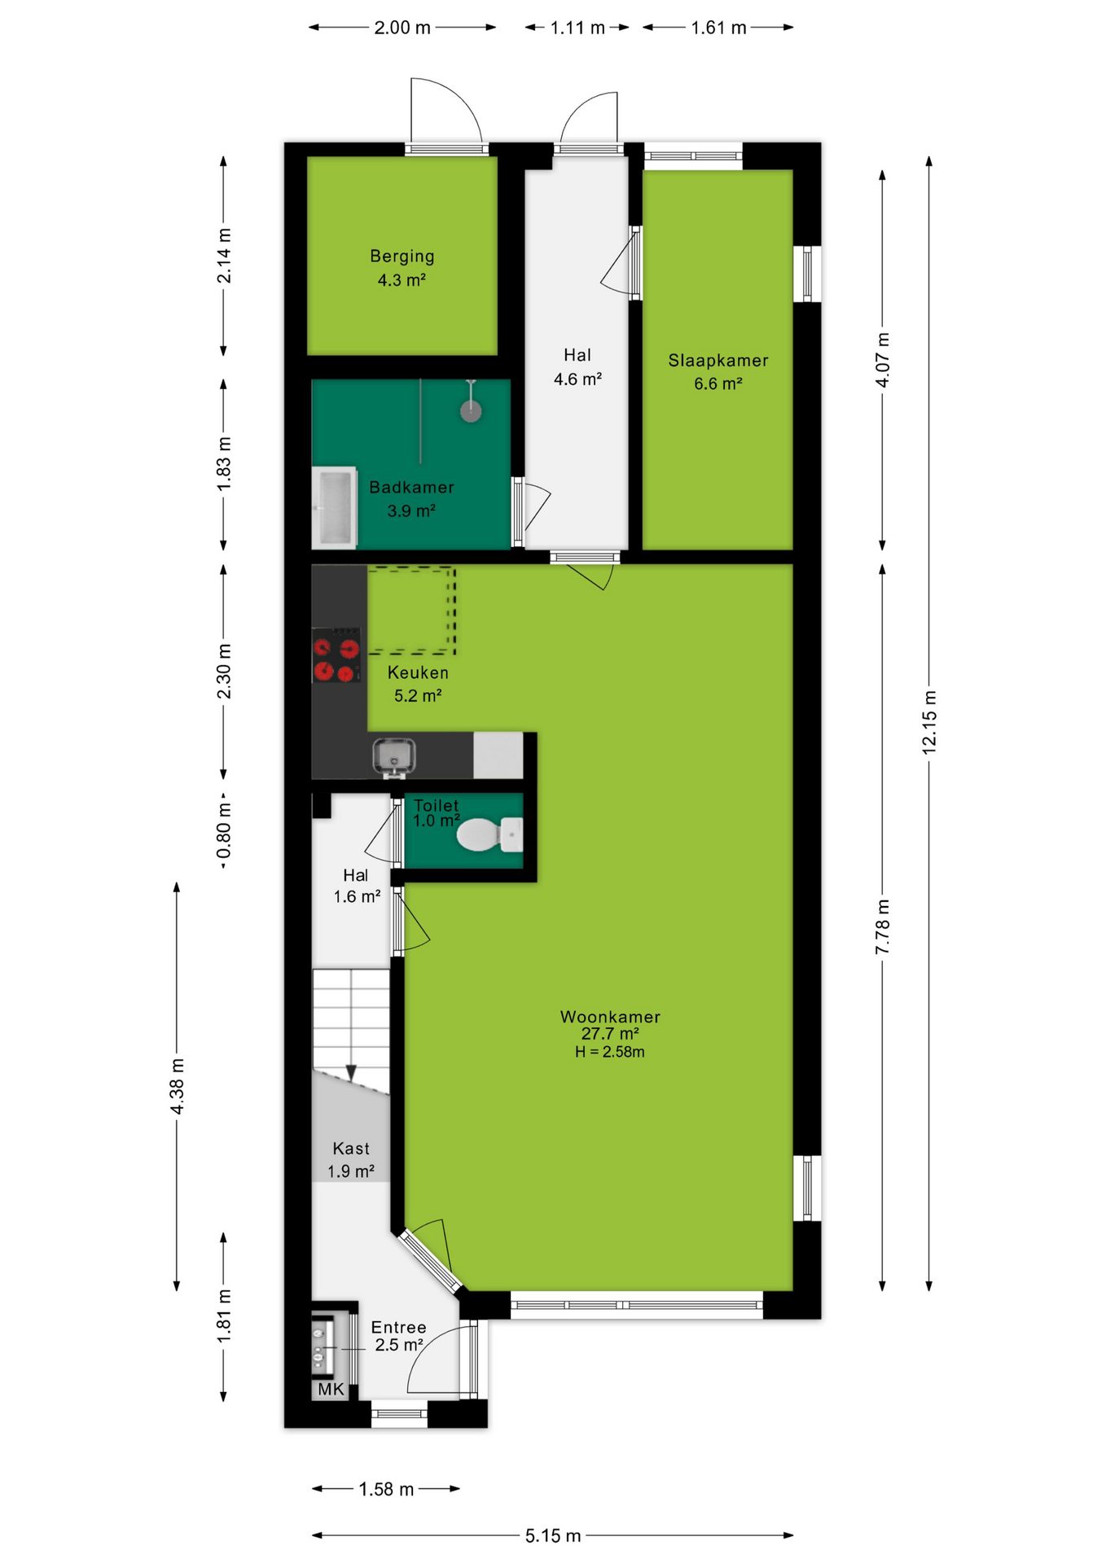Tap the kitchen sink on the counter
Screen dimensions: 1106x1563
[x=394, y=755]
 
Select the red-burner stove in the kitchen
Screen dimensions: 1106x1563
[x=336, y=655]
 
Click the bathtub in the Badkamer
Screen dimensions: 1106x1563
[x=335, y=506]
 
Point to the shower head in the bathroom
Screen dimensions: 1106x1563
[x=471, y=409]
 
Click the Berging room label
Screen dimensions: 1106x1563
[x=402, y=256]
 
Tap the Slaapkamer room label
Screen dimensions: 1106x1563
[x=718, y=360]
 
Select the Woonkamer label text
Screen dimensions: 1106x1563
[x=610, y=1017]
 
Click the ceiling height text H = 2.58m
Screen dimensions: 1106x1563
[x=610, y=1052]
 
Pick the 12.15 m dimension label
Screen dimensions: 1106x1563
[x=929, y=722]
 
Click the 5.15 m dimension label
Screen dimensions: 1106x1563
[x=553, y=1535]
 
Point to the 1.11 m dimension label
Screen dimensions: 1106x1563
[x=577, y=28]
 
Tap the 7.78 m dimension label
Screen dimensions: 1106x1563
[x=883, y=927]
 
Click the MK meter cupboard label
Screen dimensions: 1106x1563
[x=331, y=1389]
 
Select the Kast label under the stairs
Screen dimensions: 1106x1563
[x=351, y=1149]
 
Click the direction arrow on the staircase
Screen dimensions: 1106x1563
[x=351, y=1073]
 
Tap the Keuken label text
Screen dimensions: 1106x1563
[x=418, y=672]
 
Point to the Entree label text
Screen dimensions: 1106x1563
[x=398, y=1327]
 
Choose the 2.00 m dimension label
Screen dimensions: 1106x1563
[x=402, y=28]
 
